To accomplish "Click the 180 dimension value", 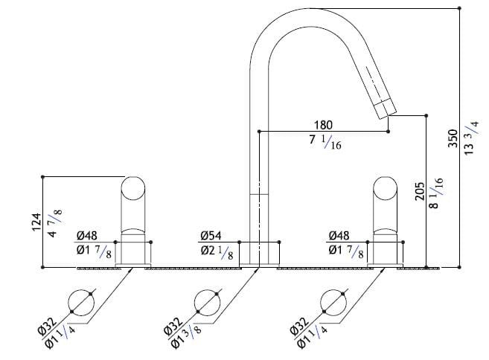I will (x=324, y=125).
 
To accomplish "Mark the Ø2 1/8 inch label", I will (x=216, y=253).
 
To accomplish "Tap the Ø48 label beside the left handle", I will (x=86, y=236).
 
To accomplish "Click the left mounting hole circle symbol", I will (x=81, y=303).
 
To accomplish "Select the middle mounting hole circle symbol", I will (x=206, y=303).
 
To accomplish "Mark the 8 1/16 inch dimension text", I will (x=438, y=192).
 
